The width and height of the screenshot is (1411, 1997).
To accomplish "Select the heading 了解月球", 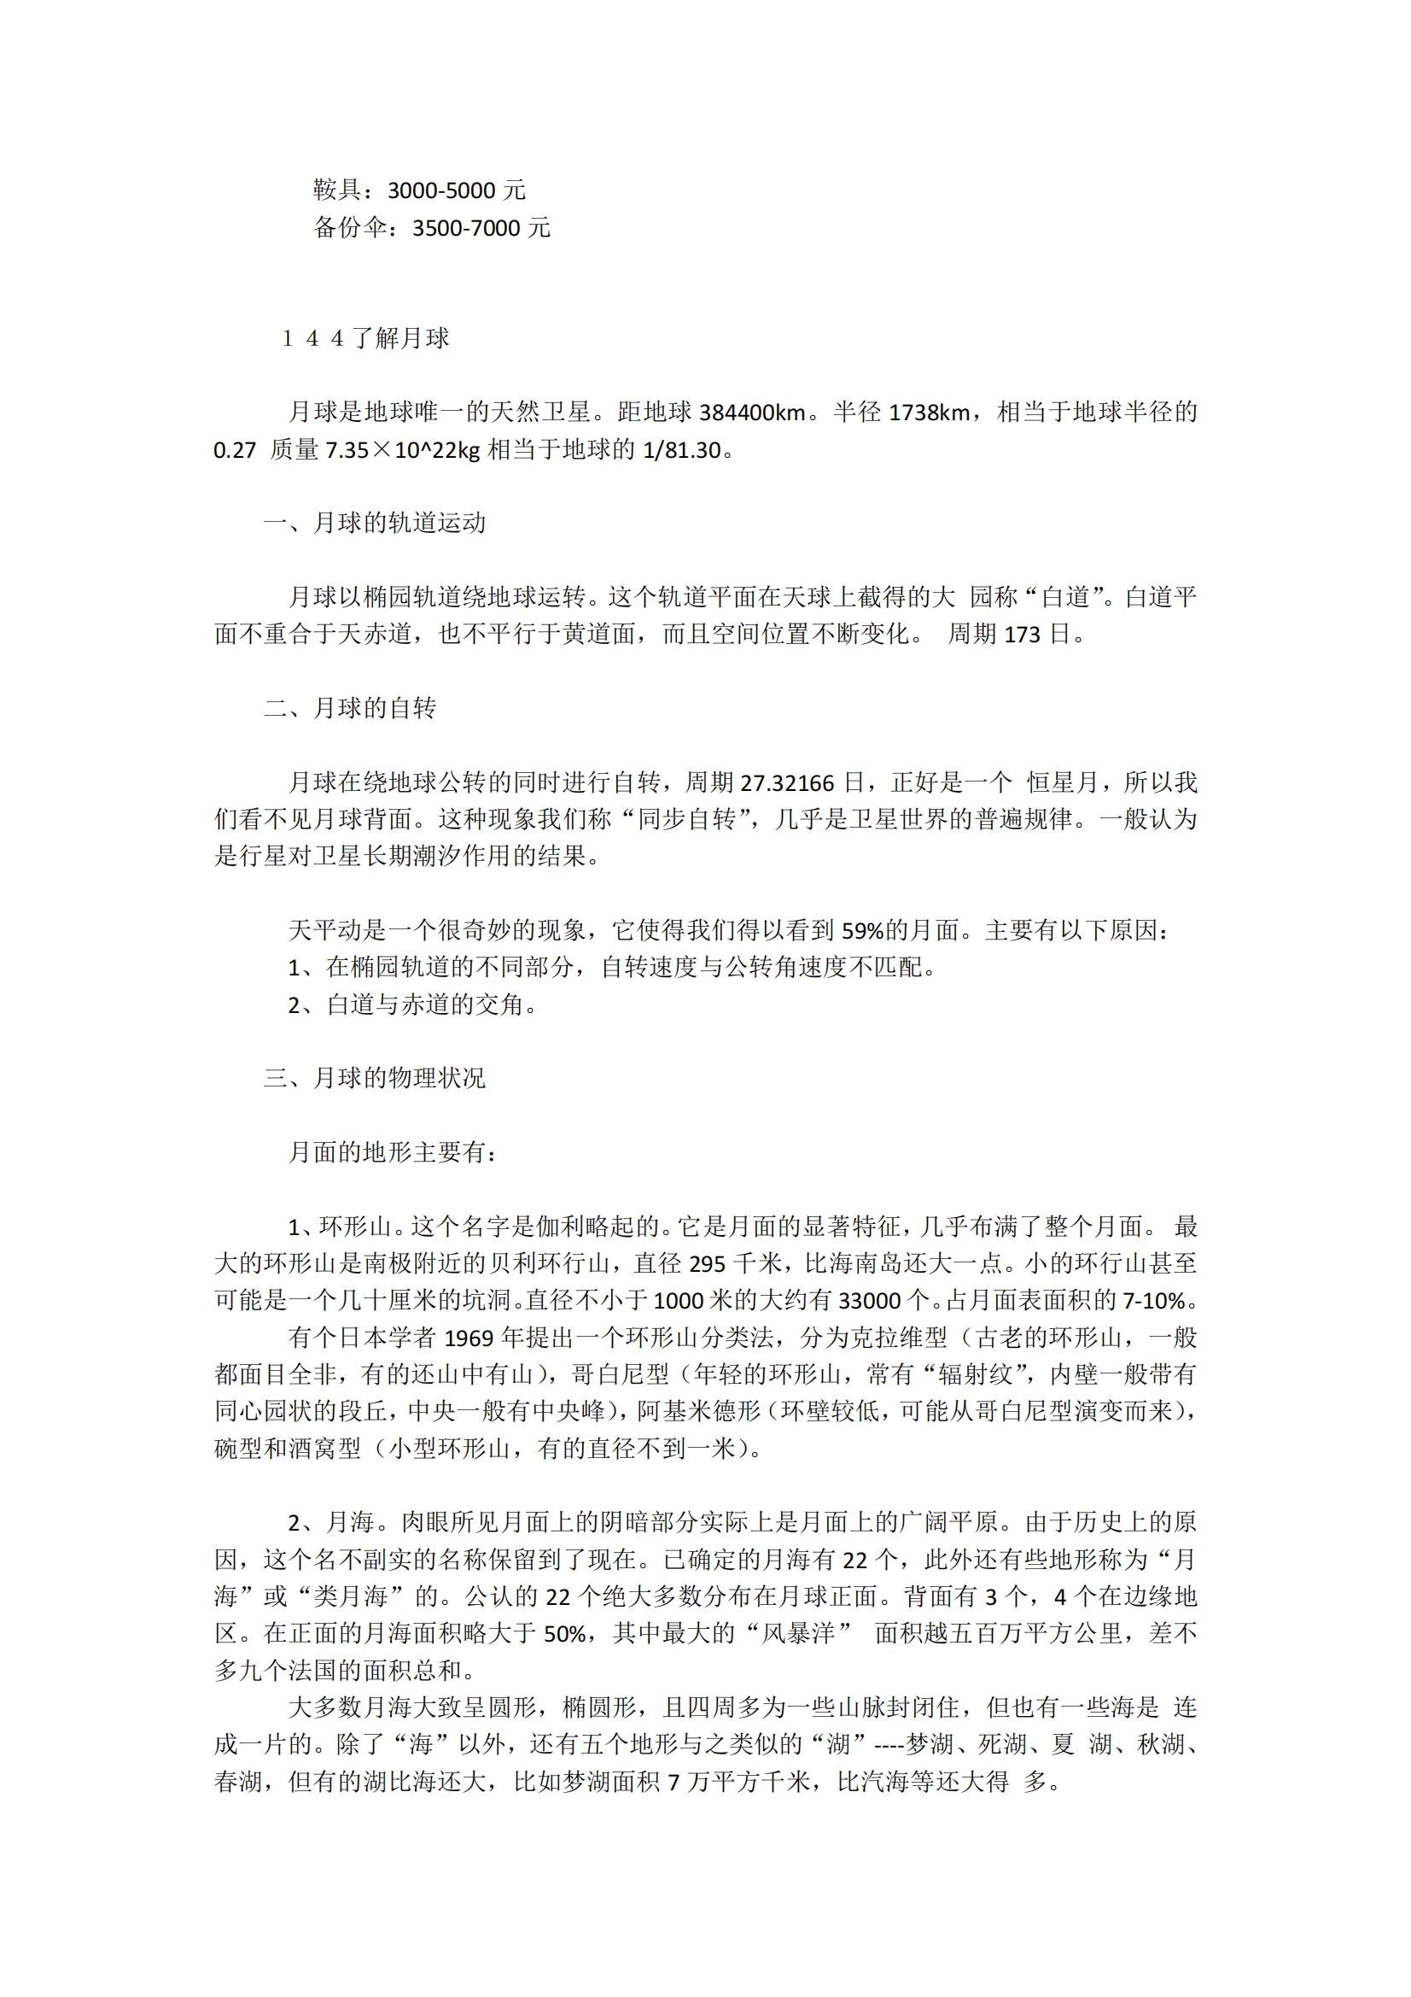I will tap(401, 338).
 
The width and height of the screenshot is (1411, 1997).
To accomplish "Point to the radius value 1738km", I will tap(929, 413).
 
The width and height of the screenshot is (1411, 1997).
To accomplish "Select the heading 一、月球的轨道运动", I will tap(375, 523).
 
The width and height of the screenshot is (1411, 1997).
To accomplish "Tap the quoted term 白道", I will tap(1065, 598).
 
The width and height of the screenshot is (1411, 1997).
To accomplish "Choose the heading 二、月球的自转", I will tap(350, 708).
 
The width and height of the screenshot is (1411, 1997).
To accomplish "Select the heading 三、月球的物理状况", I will tap(375, 1078).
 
